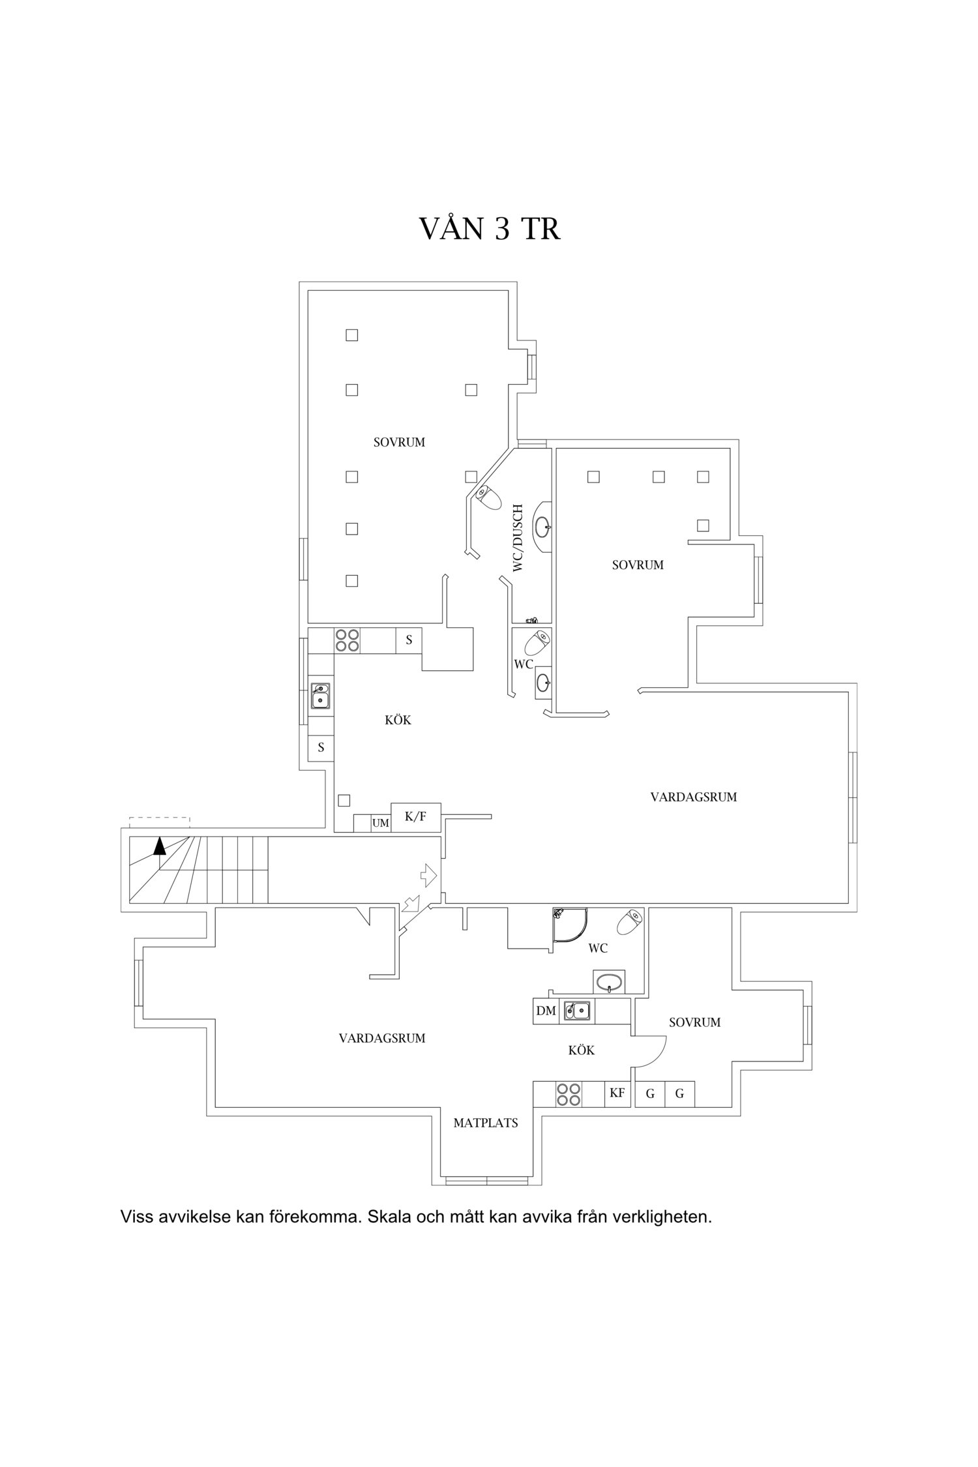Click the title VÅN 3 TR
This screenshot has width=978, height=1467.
pyautogui.click(x=489, y=228)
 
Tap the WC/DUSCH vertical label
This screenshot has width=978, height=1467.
pyautogui.click(x=518, y=538)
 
